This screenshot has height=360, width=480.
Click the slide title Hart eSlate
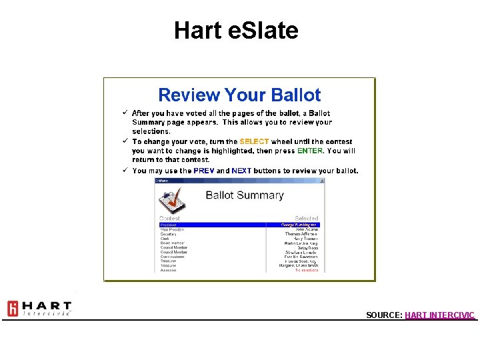[x=236, y=30]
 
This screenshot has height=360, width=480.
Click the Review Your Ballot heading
[x=239, y=95]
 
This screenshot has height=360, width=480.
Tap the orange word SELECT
[x=254, y=141]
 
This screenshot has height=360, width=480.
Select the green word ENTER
[x=310, y=151]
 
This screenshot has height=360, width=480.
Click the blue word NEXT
[x=241, y=171]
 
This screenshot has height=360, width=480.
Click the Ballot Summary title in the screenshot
[x=244, y=195]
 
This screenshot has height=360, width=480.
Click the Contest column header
[x=169, y=218]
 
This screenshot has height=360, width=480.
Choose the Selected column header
[x=307, y=218]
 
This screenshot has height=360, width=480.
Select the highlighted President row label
[x=168, y=225]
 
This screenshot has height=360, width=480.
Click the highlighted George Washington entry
[x=301, y=225]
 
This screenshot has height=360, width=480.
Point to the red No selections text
[x=307, y=270]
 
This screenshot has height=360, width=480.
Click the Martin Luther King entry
[x=301, y=243]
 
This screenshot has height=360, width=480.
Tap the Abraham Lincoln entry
[x=302, y=252]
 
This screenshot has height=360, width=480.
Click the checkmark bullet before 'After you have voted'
[x=124, y=113]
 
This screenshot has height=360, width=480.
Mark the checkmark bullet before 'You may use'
[x=124, y=170]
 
